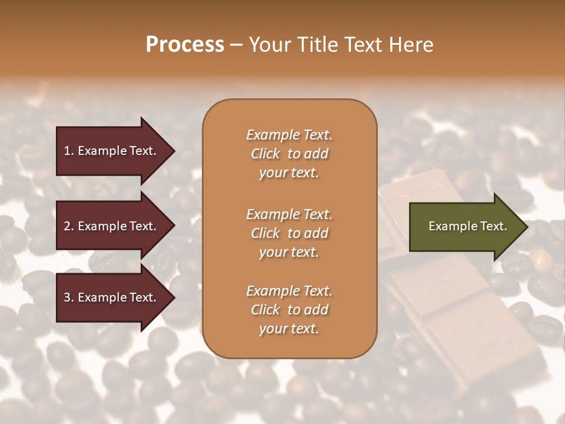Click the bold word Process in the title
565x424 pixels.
(185, 45)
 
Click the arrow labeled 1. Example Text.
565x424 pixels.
(111, 151)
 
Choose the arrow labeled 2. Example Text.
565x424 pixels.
(111, 226)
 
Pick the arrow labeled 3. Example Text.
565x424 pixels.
(111, 297)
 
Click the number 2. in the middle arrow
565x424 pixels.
(69, 226)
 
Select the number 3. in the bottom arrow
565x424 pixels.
(69, 297)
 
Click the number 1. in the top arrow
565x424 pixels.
(68, 151)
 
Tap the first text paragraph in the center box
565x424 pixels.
(289, 154)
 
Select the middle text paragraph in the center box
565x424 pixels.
(289, 233)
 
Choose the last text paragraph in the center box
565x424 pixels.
(289, 310)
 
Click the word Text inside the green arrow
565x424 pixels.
(494, 226)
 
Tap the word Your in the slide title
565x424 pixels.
(269, 45)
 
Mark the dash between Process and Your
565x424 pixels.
(236, 45)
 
